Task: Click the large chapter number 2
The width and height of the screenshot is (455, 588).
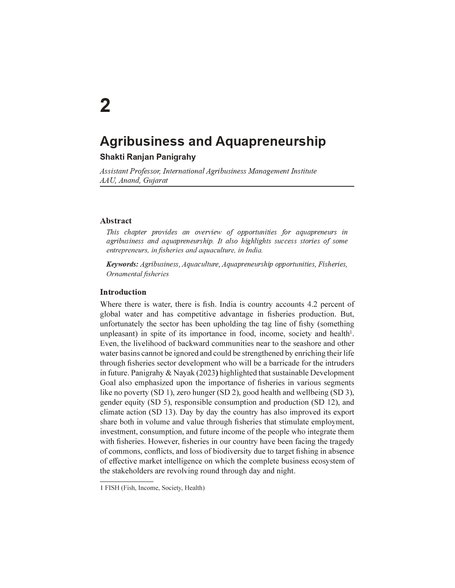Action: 105,106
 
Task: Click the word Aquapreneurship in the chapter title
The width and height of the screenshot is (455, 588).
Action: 271,141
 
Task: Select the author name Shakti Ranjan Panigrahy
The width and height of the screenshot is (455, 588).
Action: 148,157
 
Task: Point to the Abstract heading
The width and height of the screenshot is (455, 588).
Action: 116,221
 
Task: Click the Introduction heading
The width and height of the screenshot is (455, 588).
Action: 123,292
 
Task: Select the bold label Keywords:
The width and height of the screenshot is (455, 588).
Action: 122,264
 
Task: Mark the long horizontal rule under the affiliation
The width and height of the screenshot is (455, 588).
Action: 227,186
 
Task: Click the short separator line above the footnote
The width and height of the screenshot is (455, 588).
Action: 126,481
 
